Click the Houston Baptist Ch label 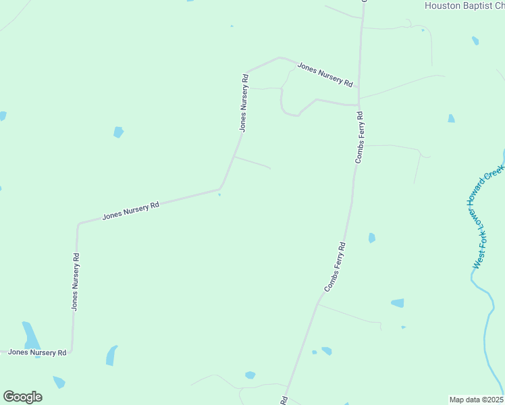click(x=464, y=5)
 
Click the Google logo click(x=22, y=397)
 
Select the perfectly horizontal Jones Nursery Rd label click(x=37, y=352)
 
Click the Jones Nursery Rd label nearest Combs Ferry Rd click(x=325, y=75)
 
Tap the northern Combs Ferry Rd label click(x=360, y=137)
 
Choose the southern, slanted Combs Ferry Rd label click(x=335, y=267)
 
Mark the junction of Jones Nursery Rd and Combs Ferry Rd click(x=358, y=105)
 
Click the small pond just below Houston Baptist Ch click(x=475, y=40)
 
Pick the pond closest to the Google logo click(x=59, y=382)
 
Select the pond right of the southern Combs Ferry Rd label click(x=371, y=238)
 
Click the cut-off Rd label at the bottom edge click(x=285, y=400)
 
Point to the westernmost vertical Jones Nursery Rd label click(x=76, y=281)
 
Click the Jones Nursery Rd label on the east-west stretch click(x=130, y=211)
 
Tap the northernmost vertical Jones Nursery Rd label click(x=244, y=102)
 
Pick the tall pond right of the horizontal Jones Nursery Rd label click(x=111, y=355)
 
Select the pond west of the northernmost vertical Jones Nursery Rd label click(x=119, y=132)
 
